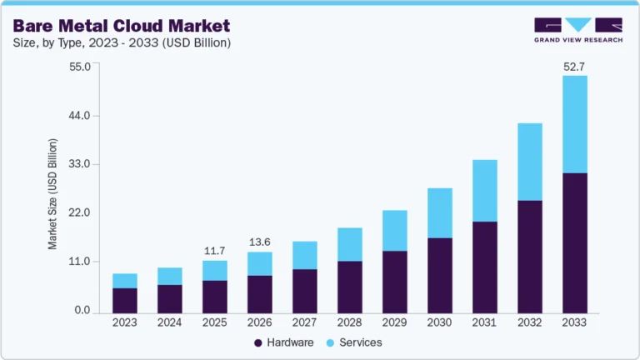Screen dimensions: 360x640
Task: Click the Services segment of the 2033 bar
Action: coord(575,124)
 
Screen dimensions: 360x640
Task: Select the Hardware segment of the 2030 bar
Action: coord(440,274)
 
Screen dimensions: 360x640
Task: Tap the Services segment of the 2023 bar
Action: coord(125,281)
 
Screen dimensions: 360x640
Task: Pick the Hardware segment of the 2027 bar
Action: coord(305,289)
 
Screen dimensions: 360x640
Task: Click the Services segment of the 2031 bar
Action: coord(485,190)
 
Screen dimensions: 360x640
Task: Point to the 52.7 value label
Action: coord(575,66)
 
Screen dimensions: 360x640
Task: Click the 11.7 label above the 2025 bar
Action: coord(215,251)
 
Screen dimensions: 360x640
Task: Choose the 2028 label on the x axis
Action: coord(350,322)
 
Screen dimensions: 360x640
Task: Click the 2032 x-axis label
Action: coord(530,322)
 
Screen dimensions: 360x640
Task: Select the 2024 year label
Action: coord(170,322)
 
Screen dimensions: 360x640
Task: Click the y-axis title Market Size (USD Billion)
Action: coord(52,194)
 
